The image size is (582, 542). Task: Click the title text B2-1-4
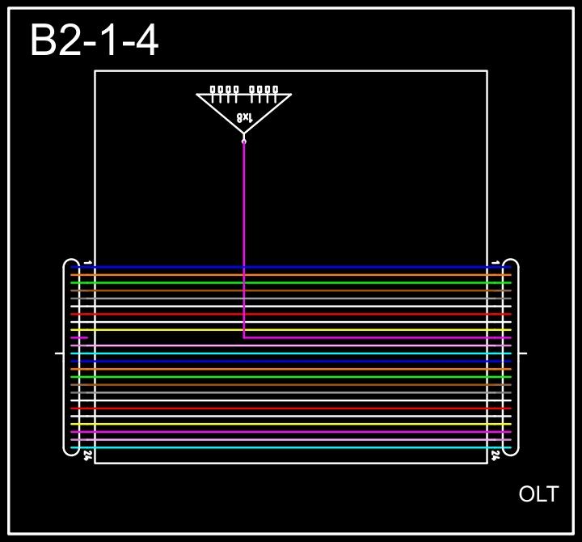click(94, 40)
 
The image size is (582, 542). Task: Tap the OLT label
click(538, 494)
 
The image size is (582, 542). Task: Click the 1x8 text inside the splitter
click(244, 118)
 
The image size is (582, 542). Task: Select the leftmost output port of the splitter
click(213, 90)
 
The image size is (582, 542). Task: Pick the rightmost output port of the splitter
click(276, 90)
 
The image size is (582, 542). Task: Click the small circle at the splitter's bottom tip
click(244, 142)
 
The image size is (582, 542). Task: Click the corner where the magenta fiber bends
click(244, 337)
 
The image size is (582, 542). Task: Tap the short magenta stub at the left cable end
click(79, 337)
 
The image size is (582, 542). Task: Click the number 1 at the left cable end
click(87, 262)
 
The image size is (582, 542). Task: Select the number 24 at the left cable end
click(87, 456)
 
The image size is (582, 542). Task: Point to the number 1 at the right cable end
click(496, 262)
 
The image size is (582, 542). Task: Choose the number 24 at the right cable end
click(496, 456)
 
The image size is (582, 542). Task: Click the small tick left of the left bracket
click(58, 354)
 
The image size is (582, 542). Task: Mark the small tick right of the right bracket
click(523, 354)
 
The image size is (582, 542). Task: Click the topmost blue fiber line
click(291, 267)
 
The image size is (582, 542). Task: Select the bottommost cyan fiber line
click(291, 447)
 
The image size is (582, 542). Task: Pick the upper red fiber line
click(291, 314)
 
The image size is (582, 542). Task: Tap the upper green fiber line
click(291, 283)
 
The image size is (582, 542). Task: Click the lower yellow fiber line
click(291, 424)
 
